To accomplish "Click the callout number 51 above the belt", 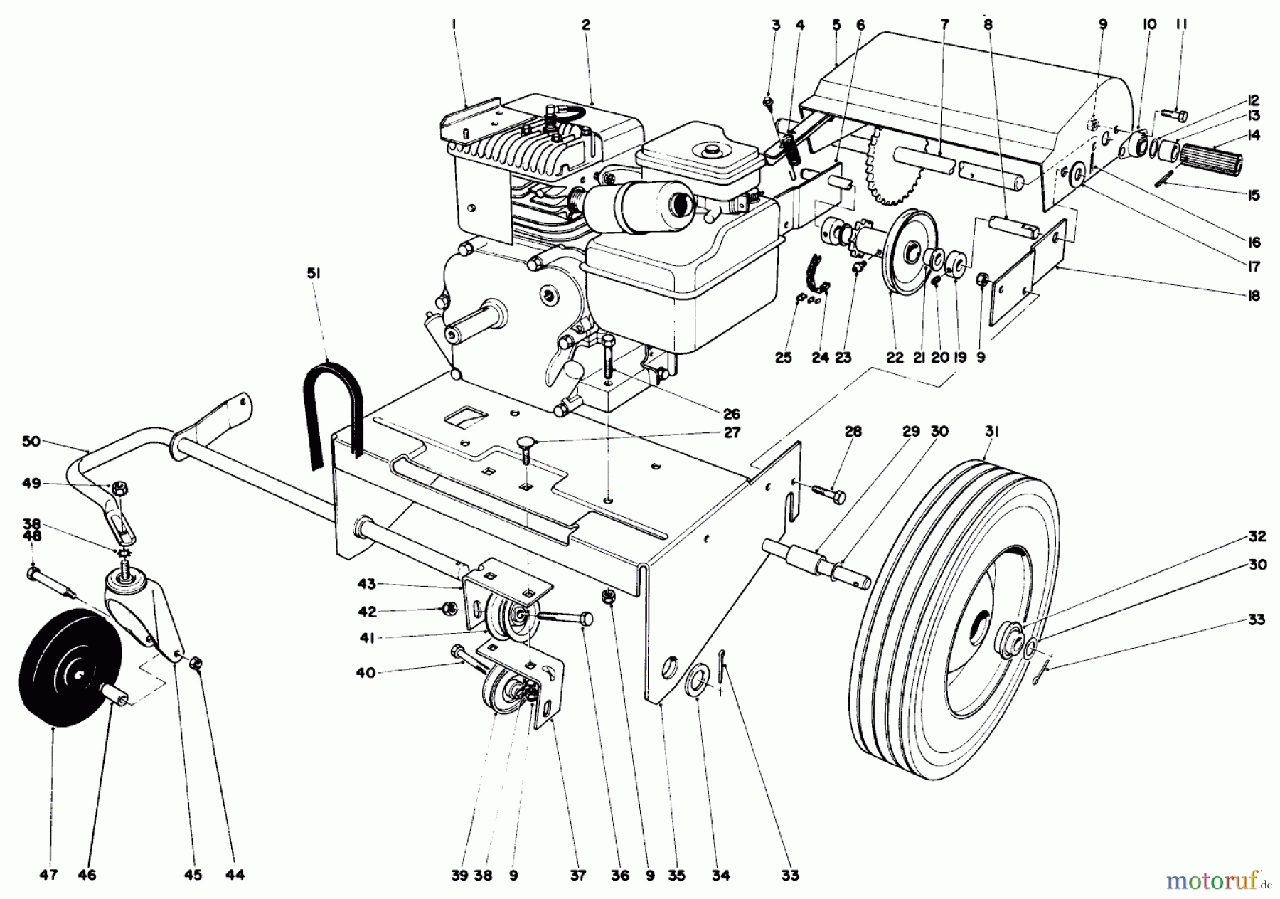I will pyautogui.click(x=314, y=272).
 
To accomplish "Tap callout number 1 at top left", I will pyautogui.click(x=454, y=25).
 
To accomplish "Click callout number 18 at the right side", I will pyautogui.click(x=1254, y=295).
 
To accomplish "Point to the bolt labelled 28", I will pyautogui.click(x=828, y=492).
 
